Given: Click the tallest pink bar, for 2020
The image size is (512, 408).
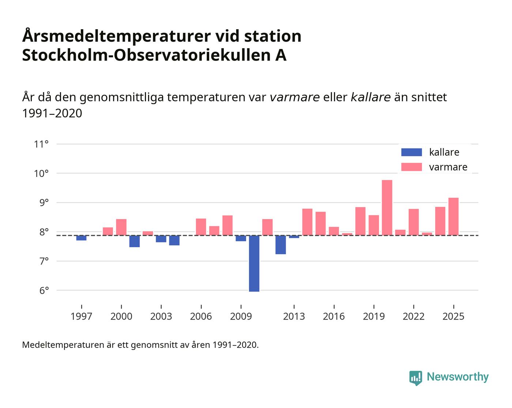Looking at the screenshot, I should [x=387, y=208].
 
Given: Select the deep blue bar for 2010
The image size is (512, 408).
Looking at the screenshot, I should [x=254, y=263].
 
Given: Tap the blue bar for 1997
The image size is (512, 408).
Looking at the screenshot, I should [x=81, y=238].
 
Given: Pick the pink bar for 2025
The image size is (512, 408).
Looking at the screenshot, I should [x=453, y=216].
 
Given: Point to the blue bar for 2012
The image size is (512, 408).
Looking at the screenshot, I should [x=281, y=245].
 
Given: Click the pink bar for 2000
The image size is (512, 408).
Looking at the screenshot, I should [x=121, y=227].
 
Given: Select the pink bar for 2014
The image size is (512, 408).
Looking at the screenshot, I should [x=307, y=222].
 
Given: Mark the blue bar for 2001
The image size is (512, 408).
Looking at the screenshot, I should [x=135, y=241].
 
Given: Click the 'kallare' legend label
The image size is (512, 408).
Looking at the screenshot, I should [x=444, y=152].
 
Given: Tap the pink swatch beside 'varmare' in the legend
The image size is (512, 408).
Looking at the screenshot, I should [x=411, y=167].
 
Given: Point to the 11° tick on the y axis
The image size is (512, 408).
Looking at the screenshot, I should [x=41, y=144].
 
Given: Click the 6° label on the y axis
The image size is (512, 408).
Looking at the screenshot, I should [x=41, y=291].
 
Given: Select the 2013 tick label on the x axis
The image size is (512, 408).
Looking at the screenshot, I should [x=294, y=316].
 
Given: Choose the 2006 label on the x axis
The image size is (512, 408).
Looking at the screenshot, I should [x=201, y=316].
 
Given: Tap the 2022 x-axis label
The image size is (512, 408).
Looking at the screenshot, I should [x=414, y=316].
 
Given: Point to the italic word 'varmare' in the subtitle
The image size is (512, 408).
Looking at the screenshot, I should [x=295, y=97].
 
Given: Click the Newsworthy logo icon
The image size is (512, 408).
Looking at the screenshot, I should [x=415, y=378].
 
